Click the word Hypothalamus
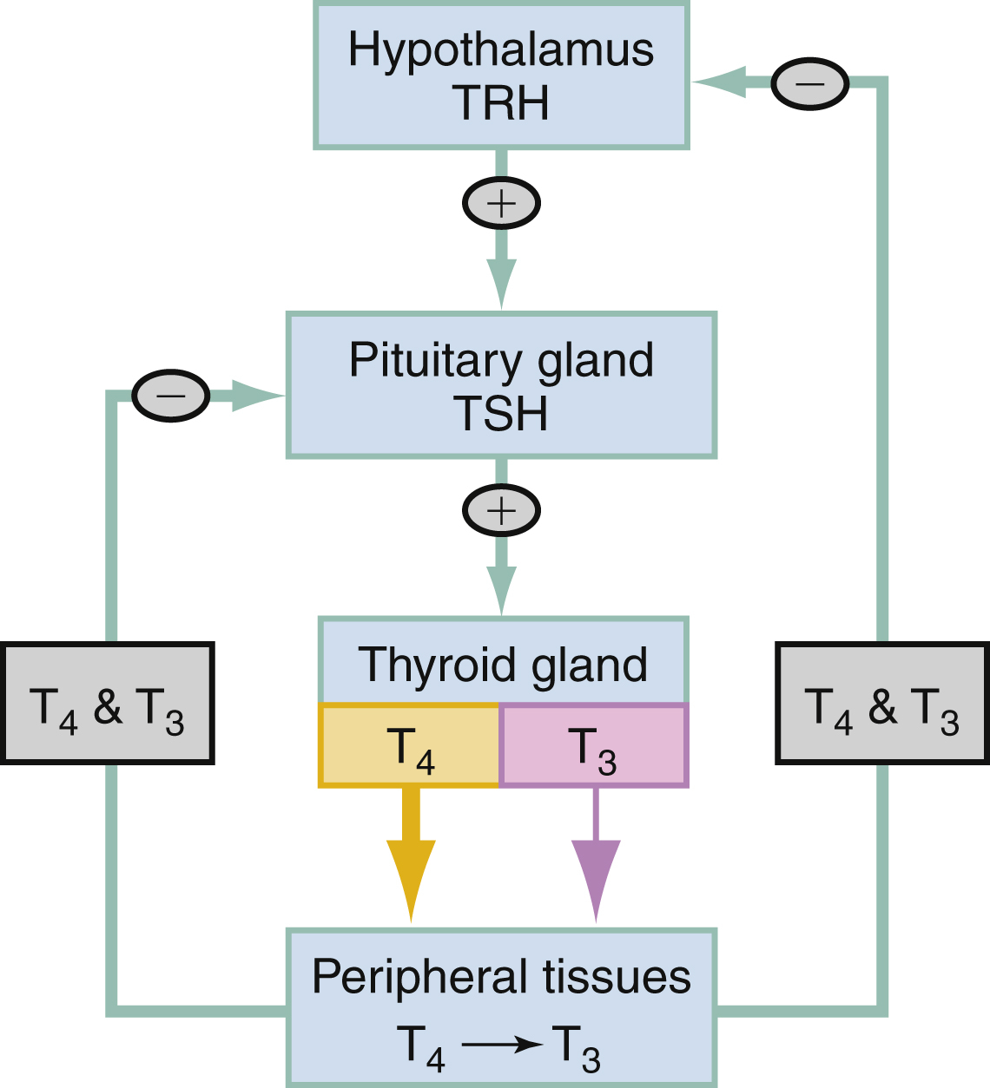[x=500, y=49]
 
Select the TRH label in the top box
[x=500, y=102]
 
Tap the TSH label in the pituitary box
[x=500, y=413]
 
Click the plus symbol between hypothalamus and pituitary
[x=501, y=204]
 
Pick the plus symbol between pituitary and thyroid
[x=501, y=510]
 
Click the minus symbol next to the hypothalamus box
[x=809, y=83]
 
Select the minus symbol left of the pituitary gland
[x=171, y=396]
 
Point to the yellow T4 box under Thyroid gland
[x=410, y=747]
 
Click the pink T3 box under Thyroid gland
[x=594, y=747]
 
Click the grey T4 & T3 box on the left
[x=107, y=704]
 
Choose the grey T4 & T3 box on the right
[x=881, y=704]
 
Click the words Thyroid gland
[x=502, y=665]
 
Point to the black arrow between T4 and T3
[x=502, y=1045]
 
